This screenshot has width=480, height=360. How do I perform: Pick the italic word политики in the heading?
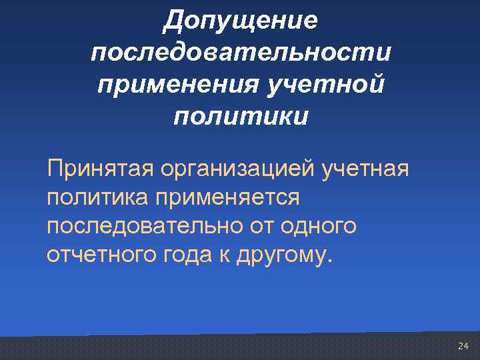pyautogui.click(x=241, y=117)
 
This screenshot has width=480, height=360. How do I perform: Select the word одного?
pyautogui.click(x=317, y=227)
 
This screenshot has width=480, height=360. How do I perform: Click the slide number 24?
pyautogui.click(x=463, y=346)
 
